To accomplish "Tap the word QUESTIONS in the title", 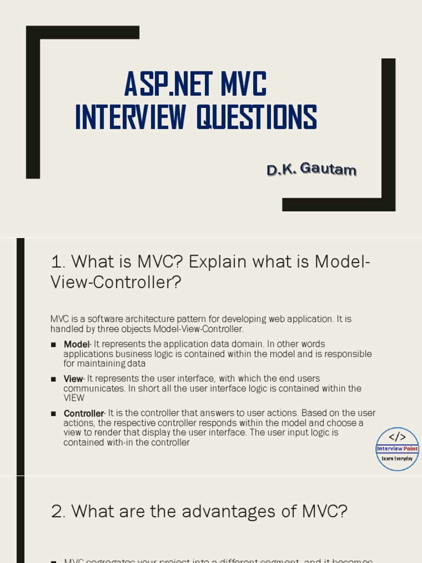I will [257, 118].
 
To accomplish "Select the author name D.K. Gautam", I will [312, 170].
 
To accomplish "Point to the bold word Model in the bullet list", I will [76, 344].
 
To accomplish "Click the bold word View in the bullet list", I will [73, 379].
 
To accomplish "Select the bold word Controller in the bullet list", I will [84, 413].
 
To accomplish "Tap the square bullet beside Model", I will [53, 345].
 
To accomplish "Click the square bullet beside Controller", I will [53, 414].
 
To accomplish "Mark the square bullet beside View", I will [53, 379].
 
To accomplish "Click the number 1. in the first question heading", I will [58, 262].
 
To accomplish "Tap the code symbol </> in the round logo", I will [397, 437].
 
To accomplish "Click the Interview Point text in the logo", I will [397, 449].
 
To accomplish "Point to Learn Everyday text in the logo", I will [397, 458].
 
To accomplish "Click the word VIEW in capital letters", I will [74, 398].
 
